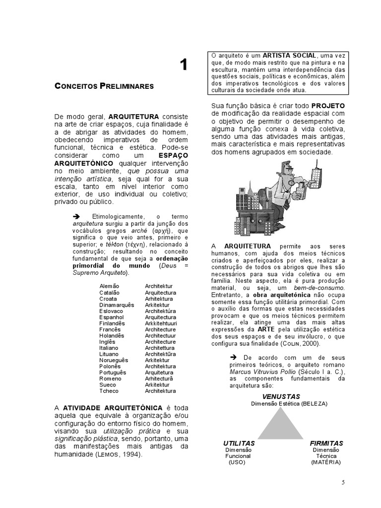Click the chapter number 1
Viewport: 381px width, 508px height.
click(x=184, y=64)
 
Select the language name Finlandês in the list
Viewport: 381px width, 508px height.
click(x=112, y=323)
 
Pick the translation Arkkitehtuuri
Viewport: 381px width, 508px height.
click(x=162, y=323)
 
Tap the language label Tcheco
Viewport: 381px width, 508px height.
click(x=108, y=391)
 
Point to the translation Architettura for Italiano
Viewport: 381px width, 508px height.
click(x=161, y=348)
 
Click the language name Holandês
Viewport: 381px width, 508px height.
click(x=112, y=336)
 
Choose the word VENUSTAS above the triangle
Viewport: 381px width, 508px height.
click(x=281, y=397)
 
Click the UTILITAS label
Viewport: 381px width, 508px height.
click(x=239, y=443)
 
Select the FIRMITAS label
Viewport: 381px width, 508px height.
click(x=326, y=443)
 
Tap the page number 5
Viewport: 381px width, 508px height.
click(x=343, y=482)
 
